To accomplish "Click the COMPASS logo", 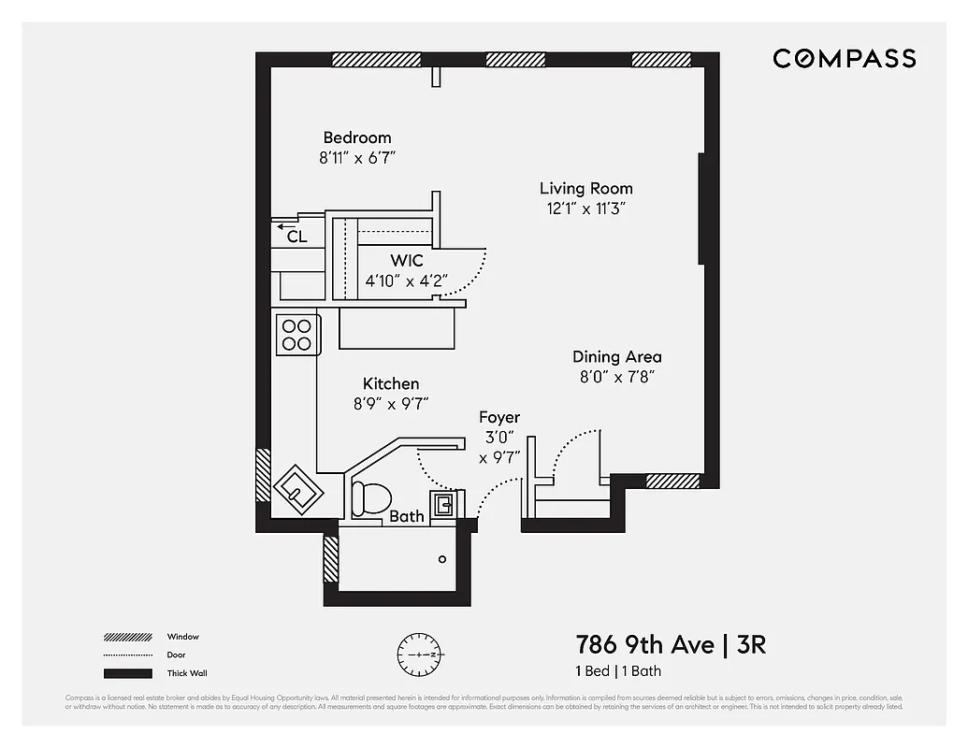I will point(844,59).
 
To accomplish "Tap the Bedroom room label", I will point(357,137).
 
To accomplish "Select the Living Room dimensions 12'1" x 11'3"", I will point(585,209).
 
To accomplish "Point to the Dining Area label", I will point(616,356).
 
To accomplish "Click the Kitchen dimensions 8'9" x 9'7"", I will point(390,404).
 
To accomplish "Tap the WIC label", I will point(406,260).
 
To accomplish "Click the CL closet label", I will point(296,237).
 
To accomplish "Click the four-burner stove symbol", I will point(297,335).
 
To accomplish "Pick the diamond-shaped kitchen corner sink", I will point(298,487).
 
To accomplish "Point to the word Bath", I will point(406,516).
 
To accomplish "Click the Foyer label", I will point(498,417).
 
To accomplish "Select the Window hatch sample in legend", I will point(127,637).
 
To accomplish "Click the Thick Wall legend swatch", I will point(127,673).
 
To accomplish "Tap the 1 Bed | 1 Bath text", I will point(618,671).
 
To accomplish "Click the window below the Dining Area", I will point(672,481).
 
